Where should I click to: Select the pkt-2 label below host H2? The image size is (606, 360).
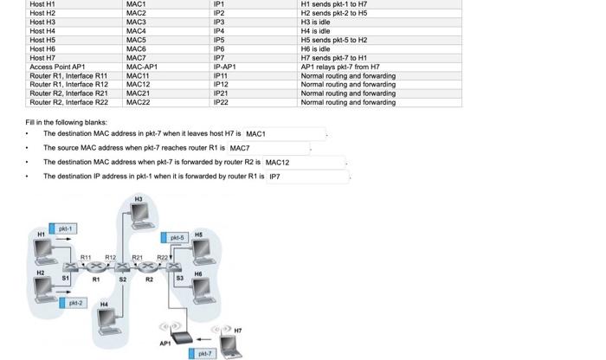(75, 303)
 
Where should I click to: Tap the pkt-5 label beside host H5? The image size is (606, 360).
(177, 237)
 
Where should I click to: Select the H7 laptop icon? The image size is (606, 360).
(228, 344)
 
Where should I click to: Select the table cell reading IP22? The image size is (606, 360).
(221, 102)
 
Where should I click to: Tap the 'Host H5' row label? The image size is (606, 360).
(42, 40)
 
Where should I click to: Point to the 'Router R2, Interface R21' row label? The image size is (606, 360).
(68, 93)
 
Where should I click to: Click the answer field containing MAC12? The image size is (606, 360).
(303, 163)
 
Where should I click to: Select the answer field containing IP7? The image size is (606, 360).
(307, 177)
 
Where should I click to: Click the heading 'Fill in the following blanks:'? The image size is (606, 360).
(67, 122)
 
